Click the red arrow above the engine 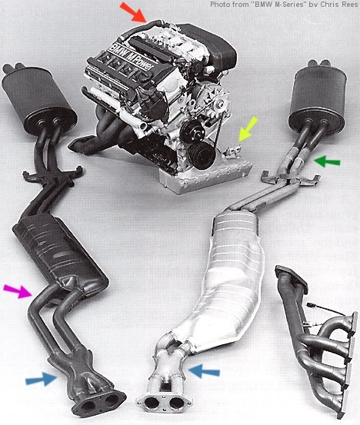point(133,12)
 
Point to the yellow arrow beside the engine point(248,129)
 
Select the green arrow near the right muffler point(327,161)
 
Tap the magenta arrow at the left point(18,291)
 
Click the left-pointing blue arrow point(204,371)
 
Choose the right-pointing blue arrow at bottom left point(42,379)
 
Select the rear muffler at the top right point(318,98)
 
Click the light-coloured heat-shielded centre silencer point(228,279)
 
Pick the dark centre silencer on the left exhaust point(60,255)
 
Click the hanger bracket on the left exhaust point(52,175)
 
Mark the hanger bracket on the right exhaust point(290,179)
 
